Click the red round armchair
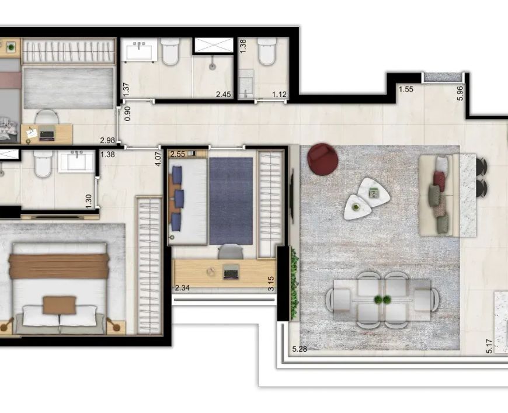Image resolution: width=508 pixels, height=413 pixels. pos(323,159)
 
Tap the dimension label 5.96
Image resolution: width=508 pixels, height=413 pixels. pos(460,93)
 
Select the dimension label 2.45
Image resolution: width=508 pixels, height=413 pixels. pos(224,94)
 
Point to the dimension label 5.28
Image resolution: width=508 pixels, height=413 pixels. pos(300,349)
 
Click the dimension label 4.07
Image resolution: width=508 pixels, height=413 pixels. pos(158,159)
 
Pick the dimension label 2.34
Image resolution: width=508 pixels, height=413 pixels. pos(182,287)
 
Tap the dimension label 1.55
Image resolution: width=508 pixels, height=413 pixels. pos(406,89)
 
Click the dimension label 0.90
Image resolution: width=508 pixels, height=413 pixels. pos(128,114)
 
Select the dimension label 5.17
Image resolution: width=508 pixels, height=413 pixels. pos(489,346)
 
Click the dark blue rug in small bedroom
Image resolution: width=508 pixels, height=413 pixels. pos(231,201)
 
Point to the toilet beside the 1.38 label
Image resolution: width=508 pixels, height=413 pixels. pos(267,51)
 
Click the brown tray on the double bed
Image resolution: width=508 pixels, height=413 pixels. pos(60,305)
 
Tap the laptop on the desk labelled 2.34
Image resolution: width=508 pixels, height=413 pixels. pos(231,271)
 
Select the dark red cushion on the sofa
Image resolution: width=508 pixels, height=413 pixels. pos(439,178)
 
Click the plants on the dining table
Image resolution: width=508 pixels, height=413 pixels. pos(382,300)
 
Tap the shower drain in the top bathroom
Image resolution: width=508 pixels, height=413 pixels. pos(212,67)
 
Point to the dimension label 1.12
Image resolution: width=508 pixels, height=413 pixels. pos(279,94)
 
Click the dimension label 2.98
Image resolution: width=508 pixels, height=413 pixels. pos(107,140)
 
